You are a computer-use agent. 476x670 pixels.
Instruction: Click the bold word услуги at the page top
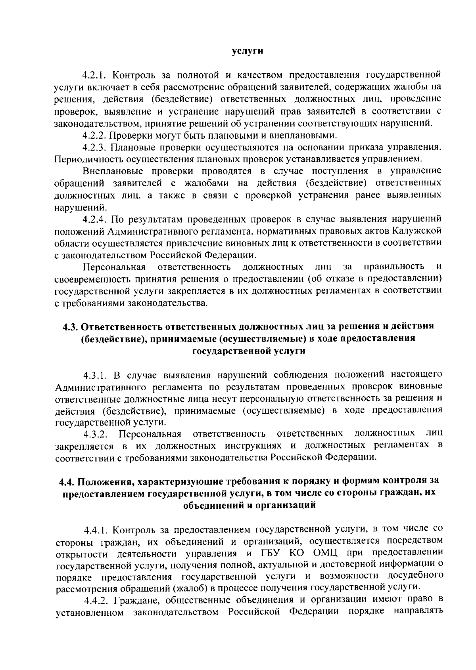pyautogui.click(x=248, y=51)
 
